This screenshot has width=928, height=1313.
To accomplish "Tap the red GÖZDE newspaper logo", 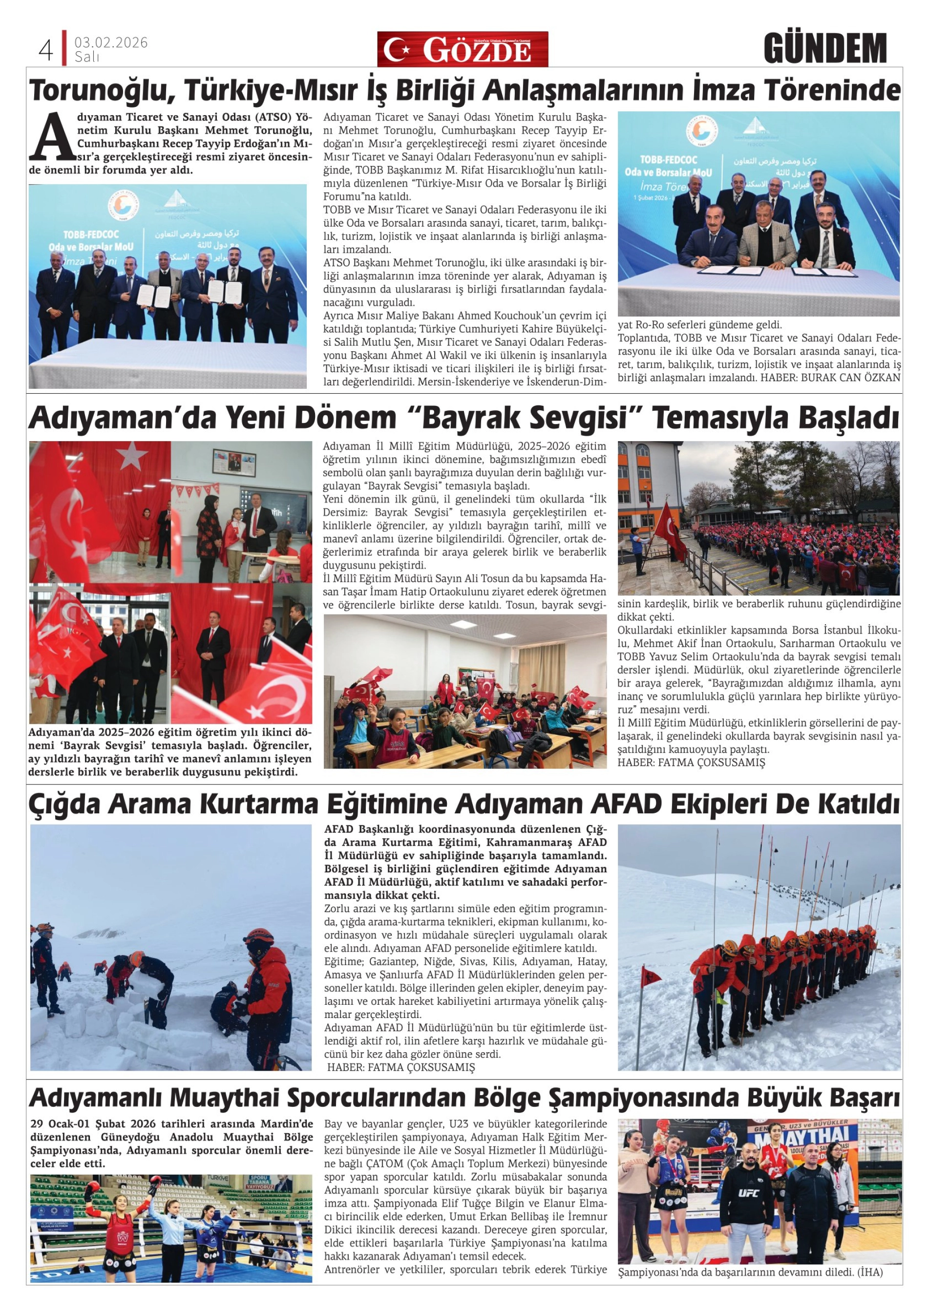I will [462, 50].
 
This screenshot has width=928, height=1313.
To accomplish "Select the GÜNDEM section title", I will [824, 49].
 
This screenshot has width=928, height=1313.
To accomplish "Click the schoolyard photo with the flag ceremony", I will [758, 518].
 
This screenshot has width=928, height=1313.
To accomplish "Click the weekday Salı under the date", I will [87, 57].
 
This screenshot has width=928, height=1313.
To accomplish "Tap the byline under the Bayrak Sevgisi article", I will [691, 762].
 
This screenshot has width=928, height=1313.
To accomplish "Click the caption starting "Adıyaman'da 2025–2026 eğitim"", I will [170, 753].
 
